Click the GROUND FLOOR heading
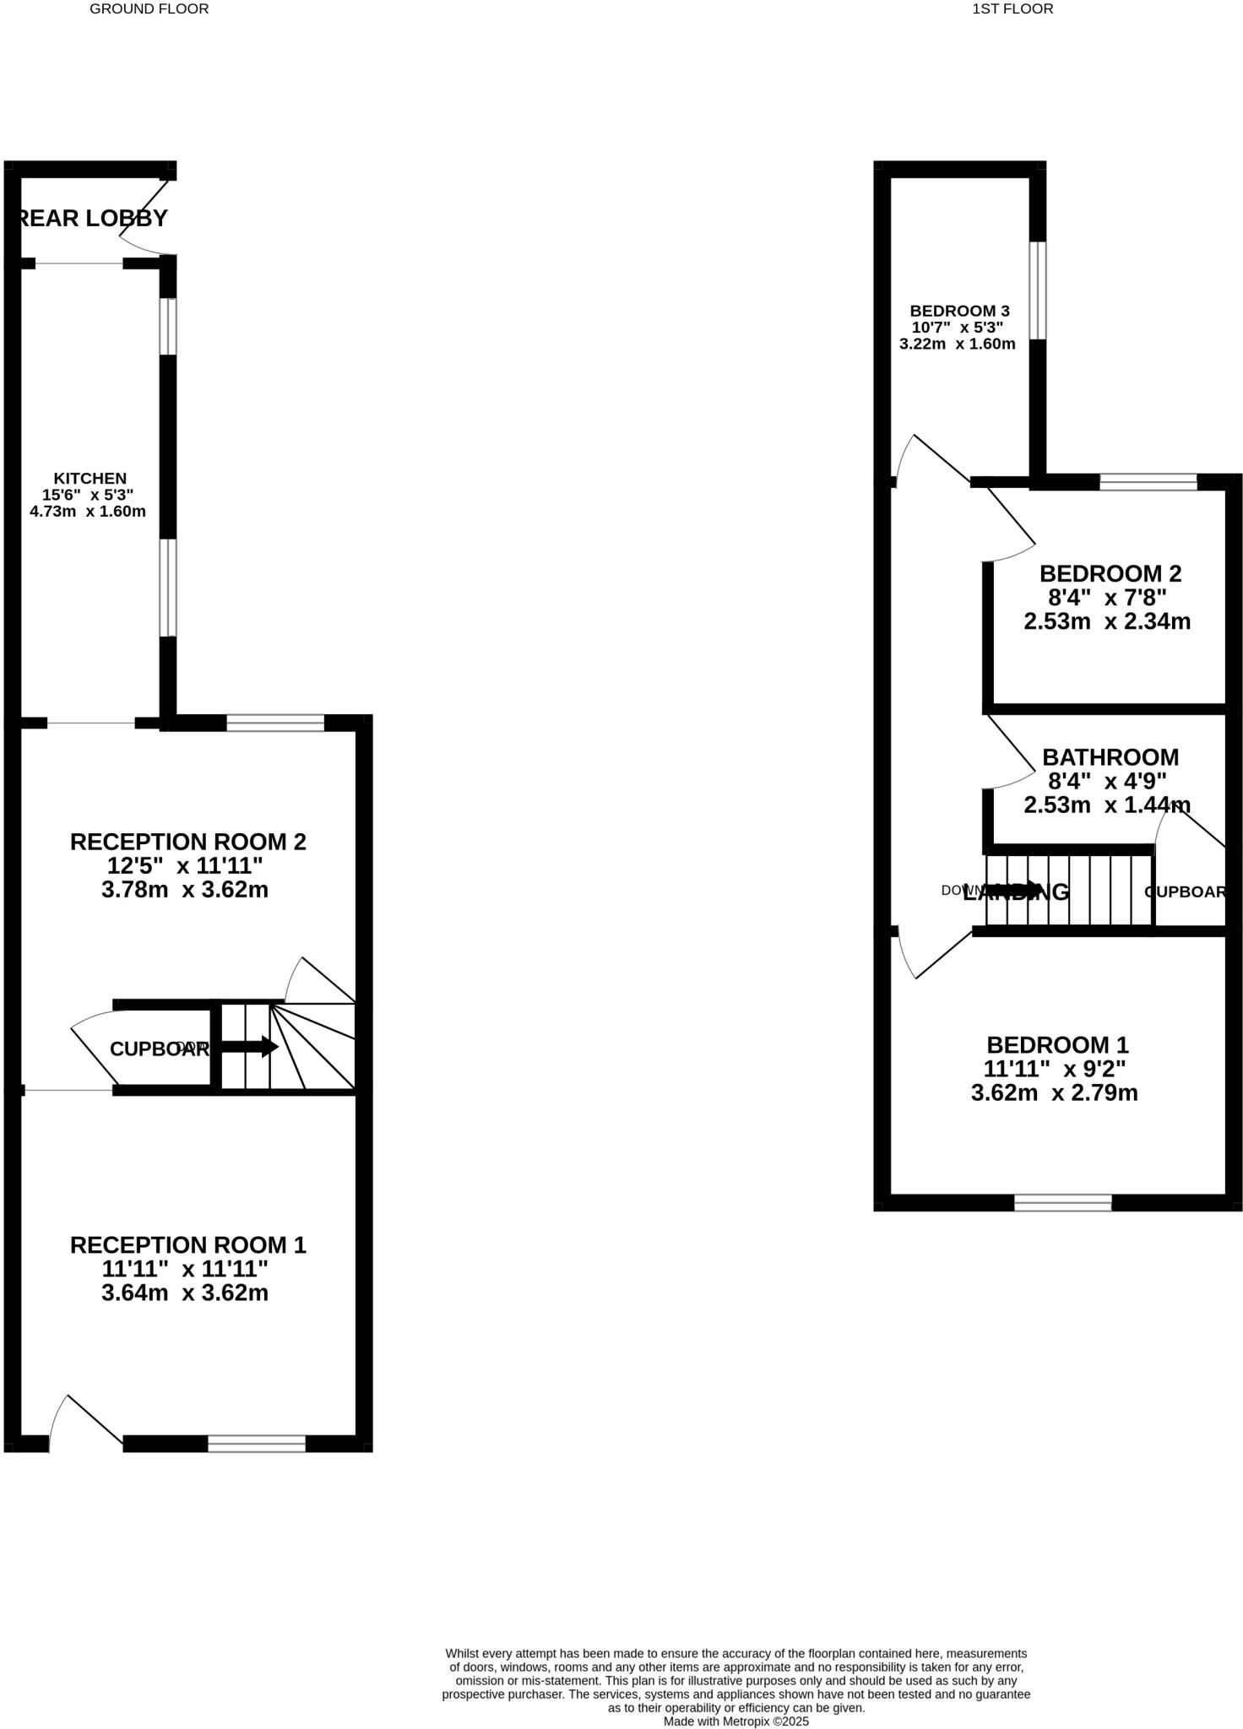pyautogui.click(x=149, y=9)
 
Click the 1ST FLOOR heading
pyautogui.click(x=1012, y=9)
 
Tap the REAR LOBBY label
pyautogui.click(x=93, y=219)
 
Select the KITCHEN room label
pyautogui.click(x=90, y=479)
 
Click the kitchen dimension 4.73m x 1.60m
pyautogui.click(x=88, y=512)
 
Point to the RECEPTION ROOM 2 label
pyautogui.click(x=187, y=842)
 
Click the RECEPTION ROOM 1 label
pyautogui.click(x=187, y=1245)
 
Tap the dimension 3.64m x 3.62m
pyautogui.click(x=185, y=1293)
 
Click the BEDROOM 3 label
pyautogui.click(x=959, y=312)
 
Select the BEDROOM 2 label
pyautogui.click(x=1110, y=574)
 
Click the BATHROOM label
pyautogui.click(x=1110, y=757)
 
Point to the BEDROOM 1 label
pyautogui.click(x=1057, y=1045)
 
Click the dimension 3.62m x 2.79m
pyautogui.click(x=1054, y=1093)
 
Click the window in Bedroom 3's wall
pyautogui.click(x=1037, y=291)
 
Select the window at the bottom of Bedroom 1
pyautogui.click(x=1062, y=1203)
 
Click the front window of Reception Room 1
pyautogui.click(x=257, y=1444)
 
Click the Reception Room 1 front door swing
pyautogui.click(x=84, y=1423)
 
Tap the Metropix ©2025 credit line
pyautogui.click(x=735, y=1721)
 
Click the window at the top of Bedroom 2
pyautogui.click(x=1148, y=483)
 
